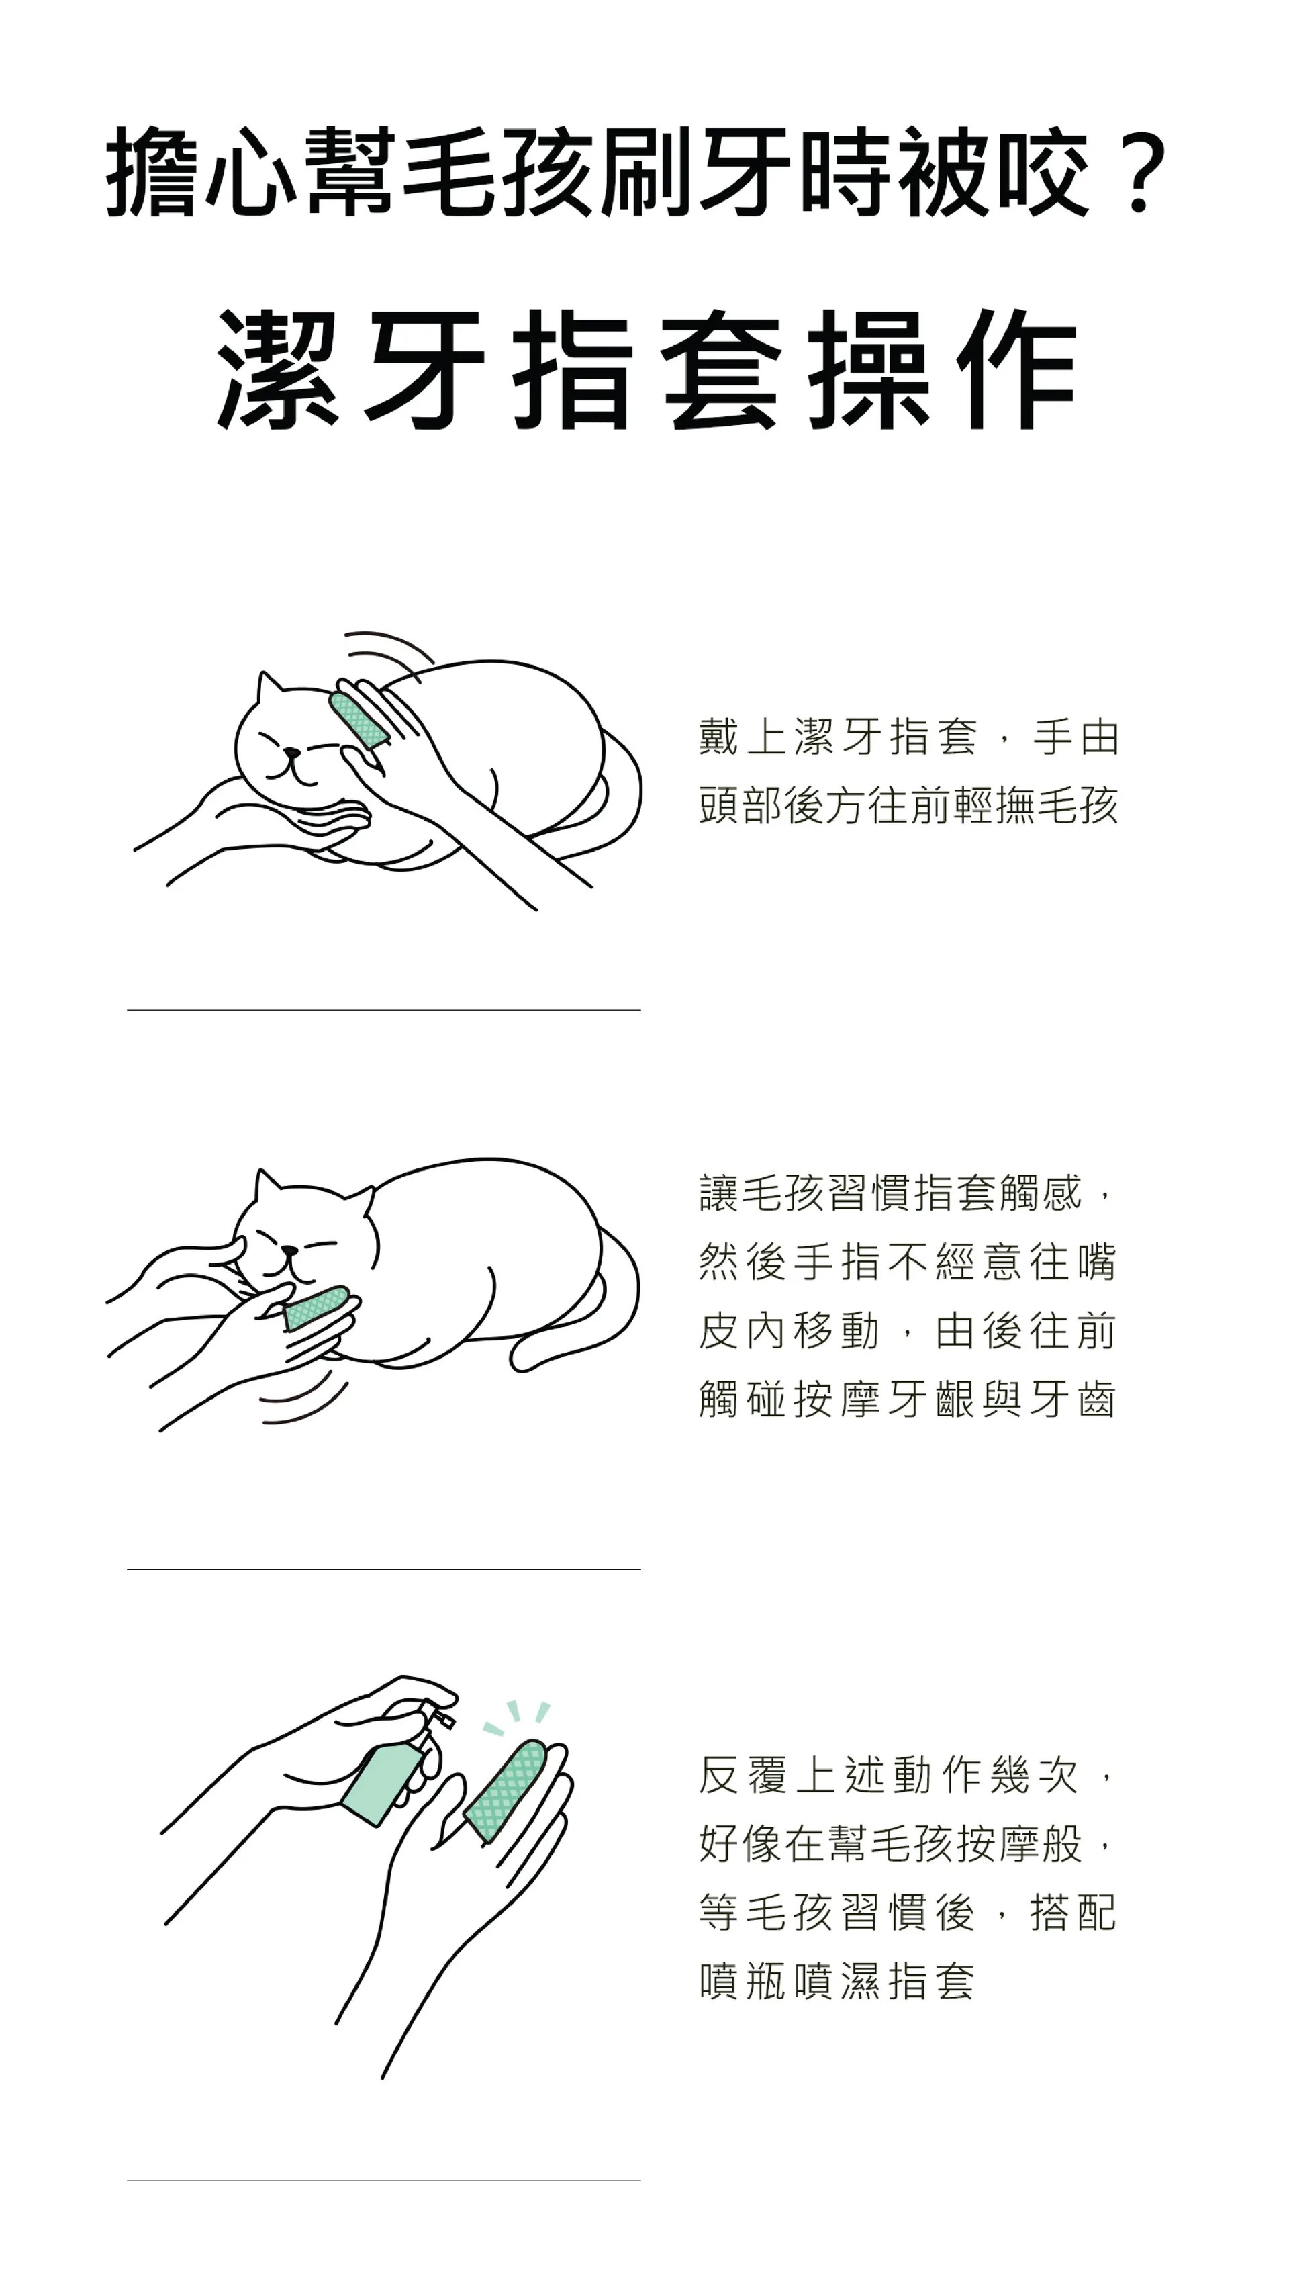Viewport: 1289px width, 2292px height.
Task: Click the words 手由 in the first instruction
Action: coord(1075,737)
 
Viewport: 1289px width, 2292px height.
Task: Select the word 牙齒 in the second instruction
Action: coord(1072,1400)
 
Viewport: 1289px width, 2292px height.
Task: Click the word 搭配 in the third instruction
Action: coord(1072,1913)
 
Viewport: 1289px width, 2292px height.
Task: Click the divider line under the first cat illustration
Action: coord(383,1010)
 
